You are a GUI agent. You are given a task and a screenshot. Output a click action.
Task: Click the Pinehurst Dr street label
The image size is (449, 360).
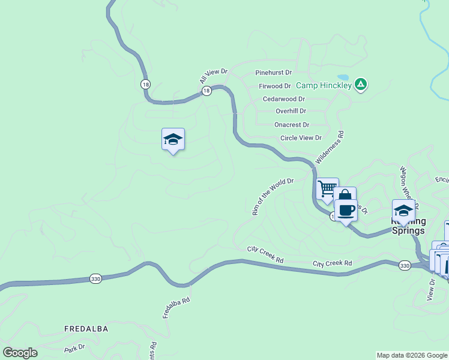point(273,73)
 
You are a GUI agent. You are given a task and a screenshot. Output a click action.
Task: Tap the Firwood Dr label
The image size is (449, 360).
point(274,86)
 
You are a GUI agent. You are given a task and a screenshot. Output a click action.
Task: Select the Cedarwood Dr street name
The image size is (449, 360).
point(283,99)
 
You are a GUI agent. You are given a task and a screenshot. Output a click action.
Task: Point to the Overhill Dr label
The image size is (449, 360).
point(291,111)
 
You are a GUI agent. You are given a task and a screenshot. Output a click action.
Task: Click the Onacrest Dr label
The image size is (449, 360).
point(291,125)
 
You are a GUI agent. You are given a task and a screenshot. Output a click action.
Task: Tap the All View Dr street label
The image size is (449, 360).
point(214,76)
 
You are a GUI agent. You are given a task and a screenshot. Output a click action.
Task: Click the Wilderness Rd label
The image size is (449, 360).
point(330,148)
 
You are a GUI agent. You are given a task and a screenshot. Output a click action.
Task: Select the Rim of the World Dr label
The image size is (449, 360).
point(272,196)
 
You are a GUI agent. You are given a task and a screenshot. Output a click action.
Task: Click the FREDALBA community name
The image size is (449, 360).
point(87,329)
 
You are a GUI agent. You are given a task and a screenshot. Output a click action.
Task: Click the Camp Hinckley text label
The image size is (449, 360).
point(324,86)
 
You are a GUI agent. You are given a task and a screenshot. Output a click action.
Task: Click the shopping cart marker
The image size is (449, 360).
point(327,188)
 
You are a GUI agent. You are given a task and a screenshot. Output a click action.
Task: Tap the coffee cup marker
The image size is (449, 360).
point(345,210)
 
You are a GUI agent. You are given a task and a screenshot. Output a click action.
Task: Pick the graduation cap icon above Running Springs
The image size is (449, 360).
point(403,211)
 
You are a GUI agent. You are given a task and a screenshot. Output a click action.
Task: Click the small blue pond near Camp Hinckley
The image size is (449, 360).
point(343,77)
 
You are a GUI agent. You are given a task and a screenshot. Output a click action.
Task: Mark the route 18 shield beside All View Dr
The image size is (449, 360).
point(206,91)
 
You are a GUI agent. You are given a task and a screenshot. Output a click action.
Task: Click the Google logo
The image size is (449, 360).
point(20,353)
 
